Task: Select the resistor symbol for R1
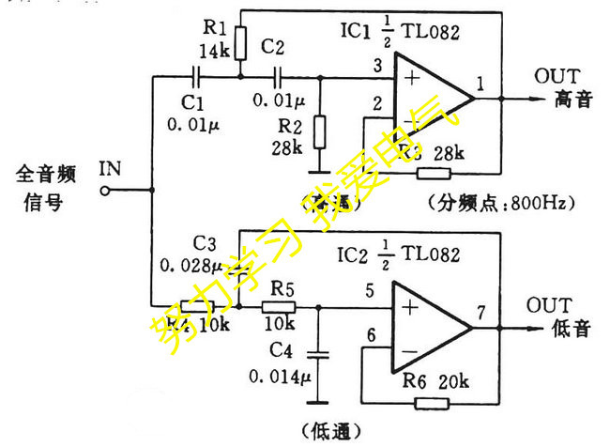241,42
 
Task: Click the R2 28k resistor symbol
321,129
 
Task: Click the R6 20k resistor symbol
433,405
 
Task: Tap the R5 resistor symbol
279,306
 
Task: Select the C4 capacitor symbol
320,354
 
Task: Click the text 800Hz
546,201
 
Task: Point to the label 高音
573,99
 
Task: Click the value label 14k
215,51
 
